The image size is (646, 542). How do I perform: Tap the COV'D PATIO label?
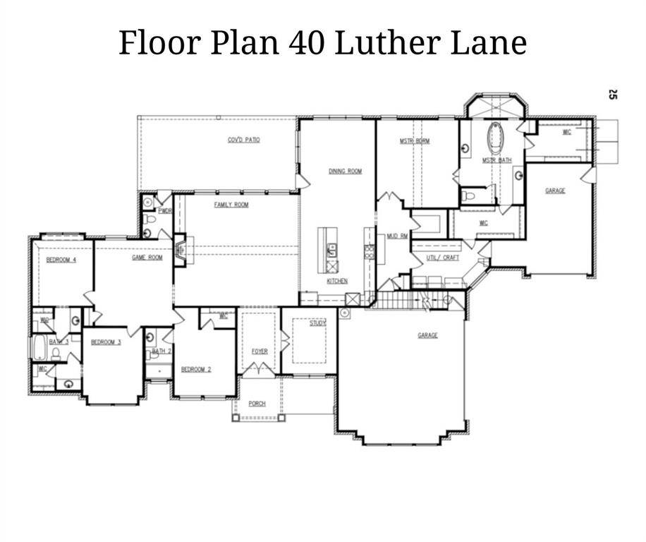(x=244, y=140)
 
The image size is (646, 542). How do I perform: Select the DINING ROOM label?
(x=345, y=171)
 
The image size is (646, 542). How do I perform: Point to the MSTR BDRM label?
(x=415, y=141)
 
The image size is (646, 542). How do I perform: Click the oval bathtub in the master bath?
(x=496, y=138)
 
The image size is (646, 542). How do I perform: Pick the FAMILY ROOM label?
(x=231, y=205)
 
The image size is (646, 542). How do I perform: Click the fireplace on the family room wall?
(x=181, y=250)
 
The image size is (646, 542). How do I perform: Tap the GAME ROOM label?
(x=147, y=258)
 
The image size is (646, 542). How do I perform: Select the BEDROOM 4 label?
(x=61, y=260)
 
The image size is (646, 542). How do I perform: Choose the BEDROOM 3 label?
(x=106, y=342)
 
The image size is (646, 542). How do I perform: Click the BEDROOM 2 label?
(x=196, y=370)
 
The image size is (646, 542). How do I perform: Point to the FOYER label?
(x=260, y=351)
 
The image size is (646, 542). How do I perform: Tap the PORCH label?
(x=257, y=404)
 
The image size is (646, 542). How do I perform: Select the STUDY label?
(x=317, y=323)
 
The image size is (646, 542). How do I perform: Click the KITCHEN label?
(x=337, y=281)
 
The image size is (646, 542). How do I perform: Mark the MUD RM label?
(x=397, y=236)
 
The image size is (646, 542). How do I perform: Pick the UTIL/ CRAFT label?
(x=442, y=258)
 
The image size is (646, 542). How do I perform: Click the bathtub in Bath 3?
(x=39, y=348)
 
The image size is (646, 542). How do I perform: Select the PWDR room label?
(x=165, y=210)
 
